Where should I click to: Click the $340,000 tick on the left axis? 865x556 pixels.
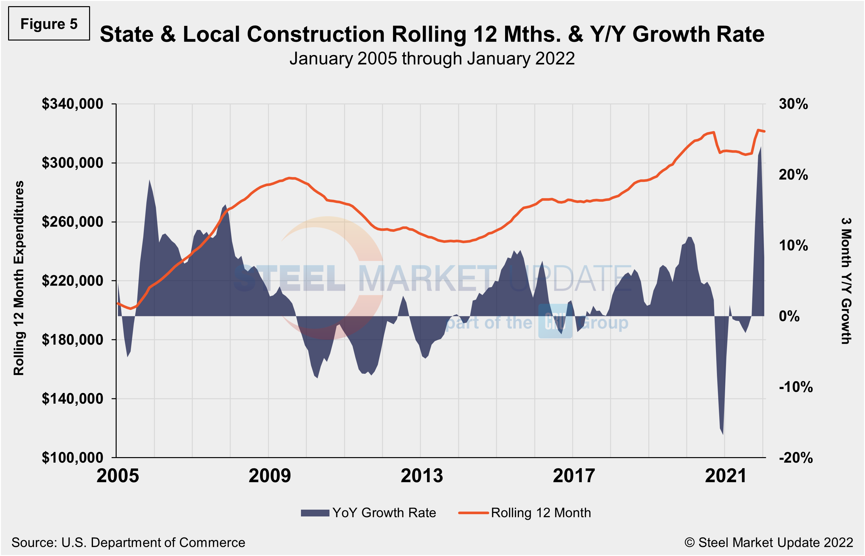[73, 104]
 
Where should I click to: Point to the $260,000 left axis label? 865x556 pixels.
[73, 222]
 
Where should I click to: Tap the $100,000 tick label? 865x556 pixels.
[73, 457]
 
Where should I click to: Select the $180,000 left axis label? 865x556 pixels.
[73, 340]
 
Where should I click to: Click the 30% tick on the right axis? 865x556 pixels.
[793, 104]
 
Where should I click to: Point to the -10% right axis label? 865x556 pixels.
[795, 387]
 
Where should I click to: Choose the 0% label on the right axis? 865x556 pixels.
[789, 316]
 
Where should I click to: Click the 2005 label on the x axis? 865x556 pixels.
[118, 476]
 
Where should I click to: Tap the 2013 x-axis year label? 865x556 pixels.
[422, 476]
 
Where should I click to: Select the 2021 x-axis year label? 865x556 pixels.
[725, 476]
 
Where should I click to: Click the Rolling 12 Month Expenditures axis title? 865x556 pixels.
[19, 278]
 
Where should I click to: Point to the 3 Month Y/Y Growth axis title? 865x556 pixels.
[846, 281]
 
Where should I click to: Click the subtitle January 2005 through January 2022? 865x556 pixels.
[432, 58]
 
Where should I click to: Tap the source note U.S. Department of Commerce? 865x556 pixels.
[128, 543]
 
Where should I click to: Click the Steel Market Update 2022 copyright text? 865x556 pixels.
[768, 543]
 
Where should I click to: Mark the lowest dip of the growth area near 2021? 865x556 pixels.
[723, 434]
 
